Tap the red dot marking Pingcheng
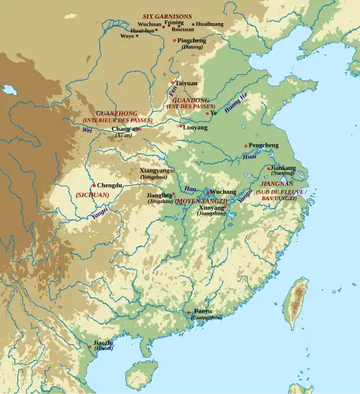pyautogui.click(x=174, y=40)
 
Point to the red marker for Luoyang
pyautogui.click(x=181, y=126)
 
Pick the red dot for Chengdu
pyautogui.click(x=93, y=185)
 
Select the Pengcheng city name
pyautogui.click(x=263, y=145)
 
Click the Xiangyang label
pyautogui.click(x=154, y=171)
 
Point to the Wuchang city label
pyautogui.click(x=222, y=192)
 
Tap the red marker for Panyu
pyautogui.click(x=189, y=313)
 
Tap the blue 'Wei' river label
pyautogui.click(x=87, y=130)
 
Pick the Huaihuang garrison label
pyautogui.click(x=209, y=24)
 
